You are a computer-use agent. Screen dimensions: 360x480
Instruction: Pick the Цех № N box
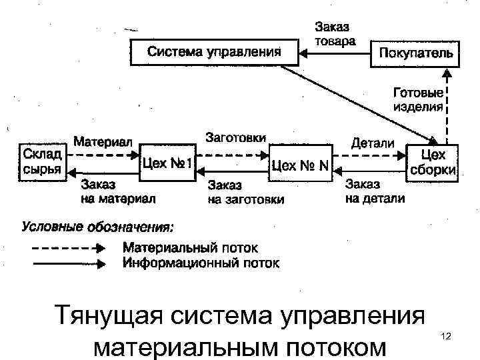click(300, 164)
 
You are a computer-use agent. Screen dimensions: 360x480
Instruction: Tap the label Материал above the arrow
click(103, 142)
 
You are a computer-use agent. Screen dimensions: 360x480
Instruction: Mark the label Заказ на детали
click(374, 191)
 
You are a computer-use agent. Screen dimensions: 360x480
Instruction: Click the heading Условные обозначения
click(98, 227)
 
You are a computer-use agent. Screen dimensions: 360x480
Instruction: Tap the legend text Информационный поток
click(201, 263)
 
